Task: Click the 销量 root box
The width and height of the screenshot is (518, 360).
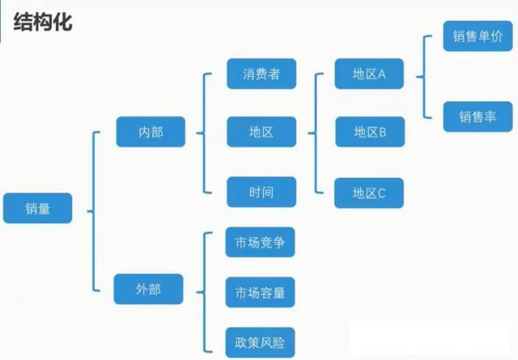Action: click(x=38, y=208)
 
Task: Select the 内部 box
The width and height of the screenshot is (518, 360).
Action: click(x=151, y=130)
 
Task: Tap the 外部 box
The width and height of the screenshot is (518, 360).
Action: click(x=149, y=288)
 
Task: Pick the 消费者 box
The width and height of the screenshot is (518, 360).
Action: click(x=261, y=74)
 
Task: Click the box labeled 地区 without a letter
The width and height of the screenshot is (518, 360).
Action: click(x=261, y=130)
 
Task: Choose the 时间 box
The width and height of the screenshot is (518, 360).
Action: click(x=261, y=193)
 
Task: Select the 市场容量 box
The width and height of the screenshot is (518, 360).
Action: click(x=260, y=292)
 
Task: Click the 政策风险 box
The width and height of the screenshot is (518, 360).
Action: click(x=260, y=338)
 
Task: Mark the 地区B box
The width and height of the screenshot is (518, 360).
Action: click(x=369, y=130)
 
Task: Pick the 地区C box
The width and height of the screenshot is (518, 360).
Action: click(x=369, y=193)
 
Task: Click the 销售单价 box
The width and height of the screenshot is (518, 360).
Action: click(x=478, y=36)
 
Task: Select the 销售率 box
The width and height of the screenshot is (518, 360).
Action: click(x=478, y=116)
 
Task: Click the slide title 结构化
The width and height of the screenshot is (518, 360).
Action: click(x=43, y=22)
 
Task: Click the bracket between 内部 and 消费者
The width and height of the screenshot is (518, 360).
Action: click(x=202, y=131)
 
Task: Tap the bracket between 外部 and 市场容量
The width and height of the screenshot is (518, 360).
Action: click(x=202, y=290)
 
